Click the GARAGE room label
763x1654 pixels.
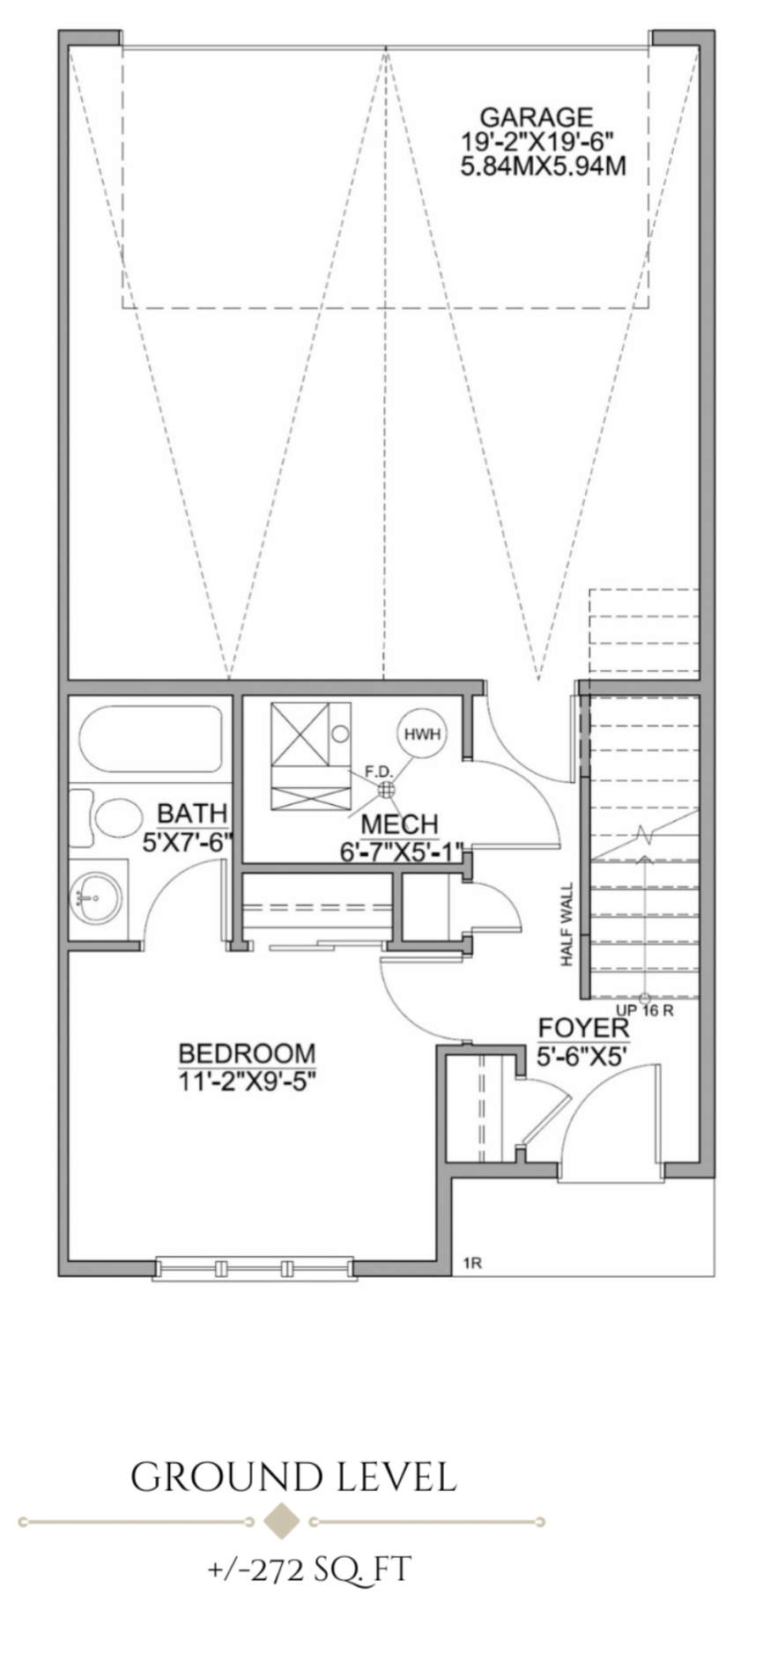pos(536,116)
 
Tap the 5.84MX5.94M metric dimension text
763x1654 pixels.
pos(543,166)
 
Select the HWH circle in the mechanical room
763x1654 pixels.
pos(422,733)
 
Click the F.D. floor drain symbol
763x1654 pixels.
pos(385,790)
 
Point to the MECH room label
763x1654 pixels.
pos(399,824)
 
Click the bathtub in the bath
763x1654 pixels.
pos(150,739)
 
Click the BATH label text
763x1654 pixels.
pos(192,812)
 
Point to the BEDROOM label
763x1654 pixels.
pos(247,1053)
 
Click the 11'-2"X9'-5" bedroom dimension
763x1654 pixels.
pos(247,1080)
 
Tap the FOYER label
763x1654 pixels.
pos(583,1029)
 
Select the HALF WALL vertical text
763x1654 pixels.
pos(567,925)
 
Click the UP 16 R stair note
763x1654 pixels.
pos(644,1010)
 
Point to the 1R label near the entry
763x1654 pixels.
pos(472,1264)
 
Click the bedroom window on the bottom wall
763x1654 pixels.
pos(254,1268)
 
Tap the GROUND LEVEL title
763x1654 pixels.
pos(293,1478)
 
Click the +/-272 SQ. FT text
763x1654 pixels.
pos(308,1569)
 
